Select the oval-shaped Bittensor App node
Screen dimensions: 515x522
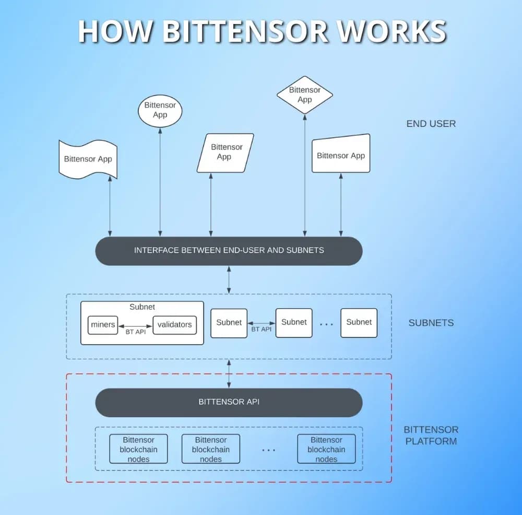(160, 110)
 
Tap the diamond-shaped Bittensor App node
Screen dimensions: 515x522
(304, 95)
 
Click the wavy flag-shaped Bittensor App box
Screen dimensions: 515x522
(87, 159)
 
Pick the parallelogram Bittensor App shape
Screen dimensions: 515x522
(226, 152)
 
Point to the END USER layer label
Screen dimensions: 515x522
(431, 124)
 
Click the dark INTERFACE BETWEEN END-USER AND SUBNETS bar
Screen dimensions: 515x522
(229, 251)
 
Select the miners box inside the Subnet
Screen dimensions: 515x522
(103, 324)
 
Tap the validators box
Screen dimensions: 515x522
(174, 324)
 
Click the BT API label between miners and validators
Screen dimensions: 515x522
(136, 332)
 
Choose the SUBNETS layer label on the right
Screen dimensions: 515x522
(431, 323)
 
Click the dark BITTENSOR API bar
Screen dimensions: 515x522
(229, 402)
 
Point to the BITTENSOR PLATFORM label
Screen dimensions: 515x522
(430, 435)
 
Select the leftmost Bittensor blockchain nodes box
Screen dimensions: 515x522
(138, 449)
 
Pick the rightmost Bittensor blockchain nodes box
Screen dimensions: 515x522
(326, 449)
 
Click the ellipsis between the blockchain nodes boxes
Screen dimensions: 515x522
(268, 450)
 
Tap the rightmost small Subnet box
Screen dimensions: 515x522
(359, 322)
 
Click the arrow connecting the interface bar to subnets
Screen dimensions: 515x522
(229, 279)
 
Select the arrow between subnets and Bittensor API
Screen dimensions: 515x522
(229, 373)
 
